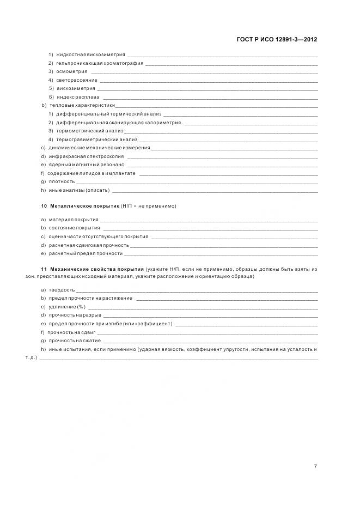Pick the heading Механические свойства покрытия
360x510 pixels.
tap(96, 270)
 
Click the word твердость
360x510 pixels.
tap(62, 290)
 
